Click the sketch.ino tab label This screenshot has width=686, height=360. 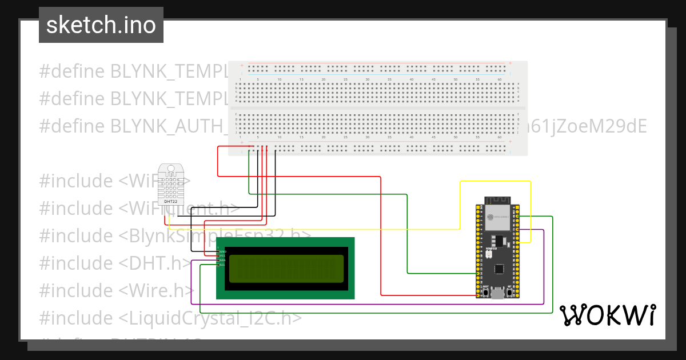coord(101,25)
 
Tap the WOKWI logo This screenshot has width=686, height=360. coord(607,315)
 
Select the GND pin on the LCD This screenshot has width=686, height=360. coord(222,251)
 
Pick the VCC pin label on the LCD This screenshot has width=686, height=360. coord(222,256)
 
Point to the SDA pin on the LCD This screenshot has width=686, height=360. coord(222,261)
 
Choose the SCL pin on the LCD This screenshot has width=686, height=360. coord(222,265)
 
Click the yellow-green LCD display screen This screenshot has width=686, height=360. coord(286,269)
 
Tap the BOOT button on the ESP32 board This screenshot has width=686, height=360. coord(485,293)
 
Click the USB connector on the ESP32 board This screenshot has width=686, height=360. coord(497,294)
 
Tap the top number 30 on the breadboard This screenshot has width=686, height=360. coord(367,79)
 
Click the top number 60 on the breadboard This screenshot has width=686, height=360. coord(500,79)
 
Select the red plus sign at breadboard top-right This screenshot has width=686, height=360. coord(509,63)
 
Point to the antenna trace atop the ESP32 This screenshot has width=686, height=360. coord(497,200)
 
